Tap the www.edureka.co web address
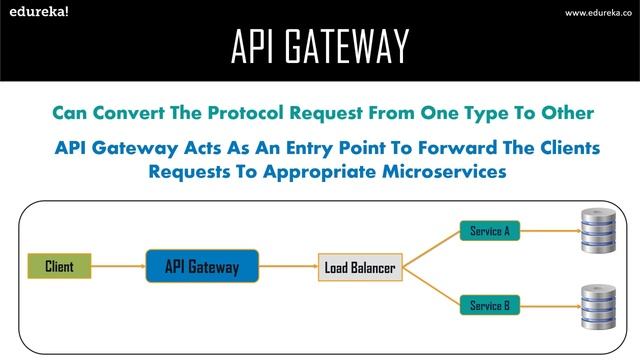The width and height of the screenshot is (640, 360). [x=597, y=12]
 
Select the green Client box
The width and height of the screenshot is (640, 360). [x=59, y=266]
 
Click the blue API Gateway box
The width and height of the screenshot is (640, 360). [x=201, y=267]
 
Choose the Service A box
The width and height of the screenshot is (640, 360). [x=489, y=232]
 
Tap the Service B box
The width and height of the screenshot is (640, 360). [x=489, y=304]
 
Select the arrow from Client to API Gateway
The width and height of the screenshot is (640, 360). [x=119, y=267]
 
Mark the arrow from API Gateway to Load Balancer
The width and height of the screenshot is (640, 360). [x=289, y=267]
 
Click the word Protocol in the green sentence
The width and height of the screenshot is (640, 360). [x=226, y=111]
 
